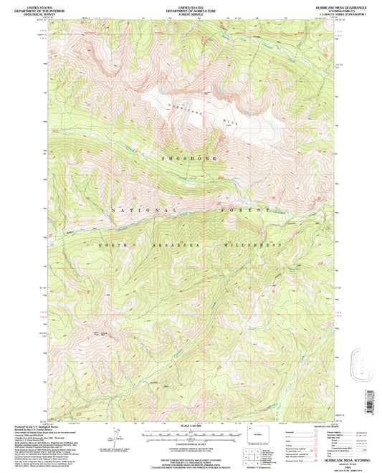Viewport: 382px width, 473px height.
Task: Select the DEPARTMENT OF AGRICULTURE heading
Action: pos(190,8)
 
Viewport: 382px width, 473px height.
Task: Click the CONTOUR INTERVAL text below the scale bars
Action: pos(189,446)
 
